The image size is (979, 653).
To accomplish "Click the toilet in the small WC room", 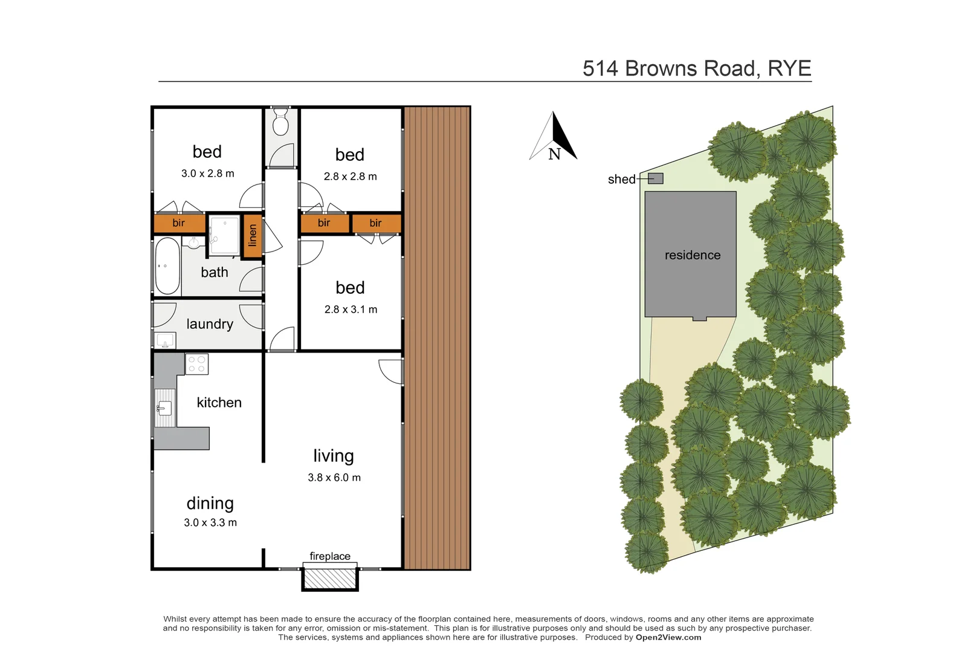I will pyautogui.click(x=280, y=123).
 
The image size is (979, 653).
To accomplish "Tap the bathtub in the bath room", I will pyautogui.click(x=167, y=266).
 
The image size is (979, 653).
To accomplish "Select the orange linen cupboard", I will pyautogui.click(x=253, y=235).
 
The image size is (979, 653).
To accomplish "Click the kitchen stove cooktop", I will pyautogui.click(x=196, y=364).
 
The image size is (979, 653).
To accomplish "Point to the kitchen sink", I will pyautogui.click(x=164, y=408).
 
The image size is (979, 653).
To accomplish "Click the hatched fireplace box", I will pyautogui.click(x=329, y=577).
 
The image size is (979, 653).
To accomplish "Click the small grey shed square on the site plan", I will pyautogui.click(x=656, y=178).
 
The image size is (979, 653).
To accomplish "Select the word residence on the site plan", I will pyautogui.click(x=693, y=255).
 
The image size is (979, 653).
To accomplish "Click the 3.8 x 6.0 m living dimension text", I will pyautogui.click(x=334, y=478).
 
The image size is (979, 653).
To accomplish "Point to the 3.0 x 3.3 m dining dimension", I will pyautogui.click(x=210, y=522).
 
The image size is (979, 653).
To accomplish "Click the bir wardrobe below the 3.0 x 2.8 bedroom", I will pyautogui.click(x=179, y=223).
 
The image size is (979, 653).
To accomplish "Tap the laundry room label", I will pyautogui.click(x=210, y=324).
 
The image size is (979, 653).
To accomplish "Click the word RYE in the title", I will pyautogui.click(x=789, y=68).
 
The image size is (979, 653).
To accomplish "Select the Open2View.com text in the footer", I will pyautogui.click(x=668, y=637).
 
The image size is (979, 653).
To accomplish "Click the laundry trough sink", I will pyautogui.click(x=165, y=341).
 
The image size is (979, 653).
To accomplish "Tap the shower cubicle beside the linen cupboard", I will pyautogui.click(x=225, y=235).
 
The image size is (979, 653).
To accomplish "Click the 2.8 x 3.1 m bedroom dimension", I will pyautogui.click(x=351, y=310).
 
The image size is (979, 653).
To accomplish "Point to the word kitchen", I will pyautogui.click(x=219, y=403).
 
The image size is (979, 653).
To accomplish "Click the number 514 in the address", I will pyautogui.click(x=600, y=68).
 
